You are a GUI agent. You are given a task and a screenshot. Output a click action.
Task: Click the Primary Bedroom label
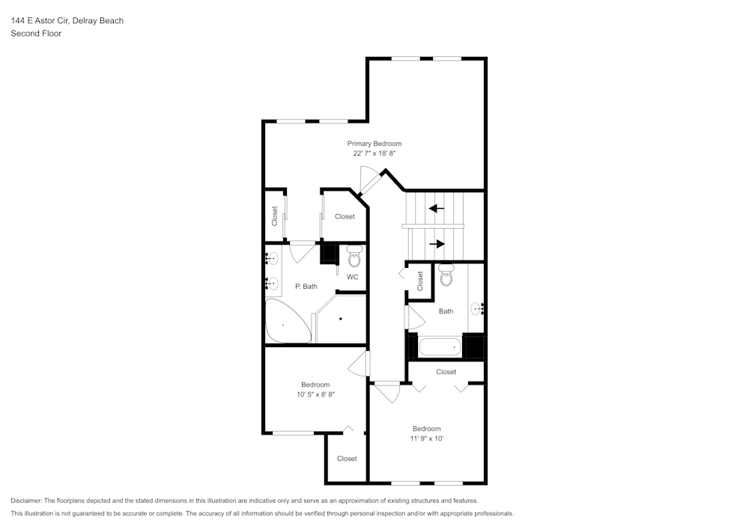point(374,144)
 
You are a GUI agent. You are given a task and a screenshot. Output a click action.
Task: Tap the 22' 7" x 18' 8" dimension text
point(374,153)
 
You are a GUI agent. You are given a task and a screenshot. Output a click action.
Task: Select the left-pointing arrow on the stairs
point(436,208)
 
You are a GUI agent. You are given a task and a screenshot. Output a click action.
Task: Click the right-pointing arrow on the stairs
point(436,243)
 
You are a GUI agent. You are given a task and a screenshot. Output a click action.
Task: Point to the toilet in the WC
point(354,257)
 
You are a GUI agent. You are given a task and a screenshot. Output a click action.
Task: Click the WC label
point(352,277)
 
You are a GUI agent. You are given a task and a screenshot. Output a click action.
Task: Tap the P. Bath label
point(306,287)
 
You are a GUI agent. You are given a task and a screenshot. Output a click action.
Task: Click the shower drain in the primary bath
point(341,319)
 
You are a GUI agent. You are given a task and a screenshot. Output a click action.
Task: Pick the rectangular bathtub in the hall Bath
point(439,347)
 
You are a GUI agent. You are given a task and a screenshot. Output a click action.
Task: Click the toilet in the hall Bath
point(446,276)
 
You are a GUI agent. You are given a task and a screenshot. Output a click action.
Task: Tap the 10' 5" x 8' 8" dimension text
point(315,394)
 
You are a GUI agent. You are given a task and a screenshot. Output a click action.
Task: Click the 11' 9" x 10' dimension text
point(427,438)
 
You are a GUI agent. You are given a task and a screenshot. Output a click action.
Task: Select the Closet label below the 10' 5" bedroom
point(347,459)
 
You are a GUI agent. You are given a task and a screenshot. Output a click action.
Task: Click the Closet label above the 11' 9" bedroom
point(446,372)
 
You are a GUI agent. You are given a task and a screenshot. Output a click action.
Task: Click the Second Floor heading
point(36,34)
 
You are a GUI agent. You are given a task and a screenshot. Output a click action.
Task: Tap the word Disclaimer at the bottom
point(26,501)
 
